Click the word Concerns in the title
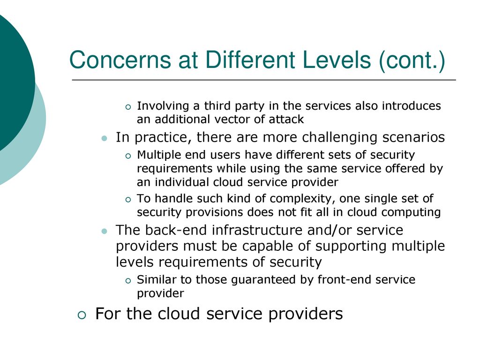coord(120,60)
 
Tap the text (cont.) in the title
coord(412,60)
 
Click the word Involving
coord(163,106)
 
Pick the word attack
coord(286,119)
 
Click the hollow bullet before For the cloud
coord(82,315)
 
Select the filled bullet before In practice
coord(105,138)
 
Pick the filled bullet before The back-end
coord(105,231)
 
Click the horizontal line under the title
coord(264,80)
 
